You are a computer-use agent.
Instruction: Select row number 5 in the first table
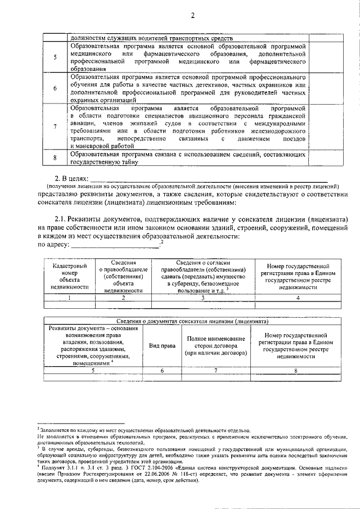(x=55, y=57)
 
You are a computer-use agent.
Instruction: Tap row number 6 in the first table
(x=55, y=88)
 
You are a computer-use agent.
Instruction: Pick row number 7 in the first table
(x=55, y=127)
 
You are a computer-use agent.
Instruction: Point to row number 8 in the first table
(x=55, y=159)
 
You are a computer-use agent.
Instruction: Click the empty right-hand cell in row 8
(x=326, y=159)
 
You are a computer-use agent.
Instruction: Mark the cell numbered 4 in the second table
(x=298, y=298)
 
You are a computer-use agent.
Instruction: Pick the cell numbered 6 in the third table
(x=161, y=371)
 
